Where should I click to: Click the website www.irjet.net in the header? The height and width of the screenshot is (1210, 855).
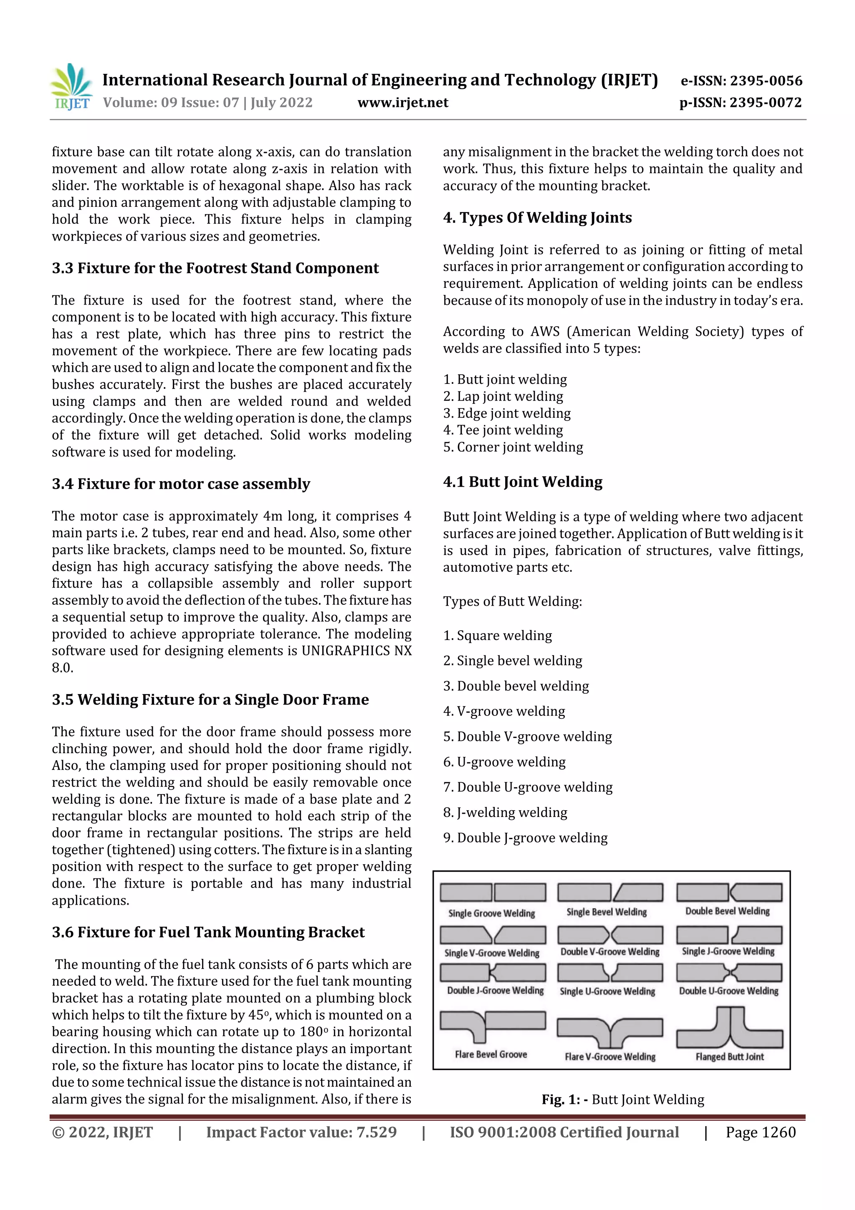coord(402,102)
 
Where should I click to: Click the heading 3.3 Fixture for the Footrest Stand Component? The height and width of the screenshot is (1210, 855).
coord(215,268)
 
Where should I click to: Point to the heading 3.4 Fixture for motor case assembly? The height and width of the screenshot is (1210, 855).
coord(181,484)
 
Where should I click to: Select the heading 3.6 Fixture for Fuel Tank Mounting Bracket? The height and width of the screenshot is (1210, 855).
coord(208,932)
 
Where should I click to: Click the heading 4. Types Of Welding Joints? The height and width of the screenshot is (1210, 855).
coord(537,218)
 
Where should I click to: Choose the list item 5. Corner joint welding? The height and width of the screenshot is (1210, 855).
coord(513,447)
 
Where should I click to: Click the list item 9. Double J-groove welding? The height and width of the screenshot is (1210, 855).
coord(525,837)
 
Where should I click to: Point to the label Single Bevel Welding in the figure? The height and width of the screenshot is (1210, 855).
coord(606,912)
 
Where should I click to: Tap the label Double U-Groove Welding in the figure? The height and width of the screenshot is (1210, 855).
coord(728,991)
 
